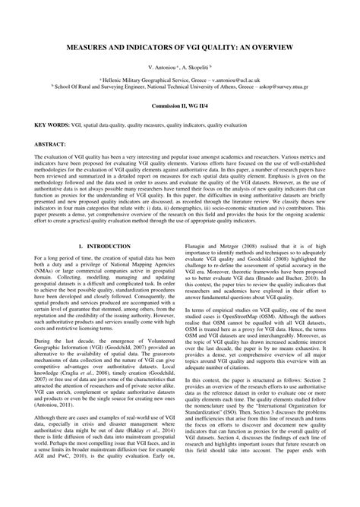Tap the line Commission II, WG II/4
point(180,108)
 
